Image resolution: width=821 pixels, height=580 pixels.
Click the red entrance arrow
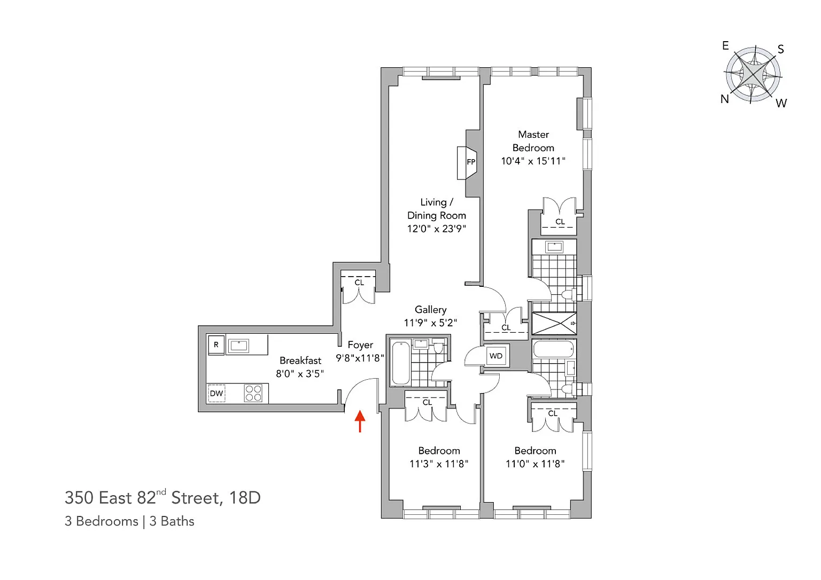pyautogui.click(x=360, y=421)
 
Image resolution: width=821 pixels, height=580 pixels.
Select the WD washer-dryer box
pyautogui.click(x=496, y=356)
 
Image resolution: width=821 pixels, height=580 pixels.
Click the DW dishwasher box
pyautogui.click(x=216, y=394)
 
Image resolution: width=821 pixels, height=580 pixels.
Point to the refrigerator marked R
pyautogui.click(x=216, y=344)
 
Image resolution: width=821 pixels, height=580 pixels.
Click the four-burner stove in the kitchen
pyautogui.click(x=253, y=393)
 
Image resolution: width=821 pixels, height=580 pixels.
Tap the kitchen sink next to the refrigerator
pyautogui.click(x=238, y=346)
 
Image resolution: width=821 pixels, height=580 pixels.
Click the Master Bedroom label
pyautogui.click(x=533, y=141)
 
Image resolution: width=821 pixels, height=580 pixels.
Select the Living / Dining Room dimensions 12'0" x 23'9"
pyautogui.click(x=436, y=229)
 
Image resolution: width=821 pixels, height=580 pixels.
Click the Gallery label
pyautogui.click(x=431, y=310)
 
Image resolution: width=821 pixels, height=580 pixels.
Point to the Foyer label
pyautogui.click(x=360, y=344)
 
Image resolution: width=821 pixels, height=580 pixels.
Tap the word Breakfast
pyautogui.click(x=300, y=360)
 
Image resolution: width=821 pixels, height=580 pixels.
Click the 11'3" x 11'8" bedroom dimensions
pyautogui.click(x=439, y=464)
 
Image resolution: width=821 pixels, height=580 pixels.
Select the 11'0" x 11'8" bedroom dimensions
pyautogui.click(x=535, y=464)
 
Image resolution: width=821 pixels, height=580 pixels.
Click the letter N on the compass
pyautogui.click(x=725, y=99)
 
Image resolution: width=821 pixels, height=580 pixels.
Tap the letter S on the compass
pyautogui.click(x=781, y=49)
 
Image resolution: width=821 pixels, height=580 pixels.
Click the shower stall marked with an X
pyautogui.click(x=554, y=323)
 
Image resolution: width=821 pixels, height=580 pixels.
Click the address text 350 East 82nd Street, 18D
pyautogui.click(x=162, y=497)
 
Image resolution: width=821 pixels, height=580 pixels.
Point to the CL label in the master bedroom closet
pyautogui.click(x=560, y=222)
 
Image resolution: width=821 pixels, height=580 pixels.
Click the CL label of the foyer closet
pyautogui.click(x=359, y=283)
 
